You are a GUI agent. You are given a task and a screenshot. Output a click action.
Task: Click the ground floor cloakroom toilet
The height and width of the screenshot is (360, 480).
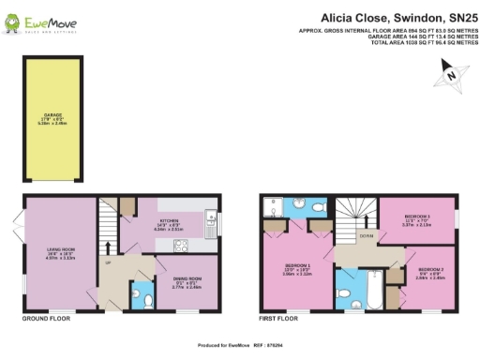[x=150, y=300]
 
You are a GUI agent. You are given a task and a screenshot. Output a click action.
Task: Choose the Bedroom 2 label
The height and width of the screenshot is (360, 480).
[x=428, y=275]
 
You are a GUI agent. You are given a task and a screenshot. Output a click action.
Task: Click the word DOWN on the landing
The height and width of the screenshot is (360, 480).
[x=366, y=236]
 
